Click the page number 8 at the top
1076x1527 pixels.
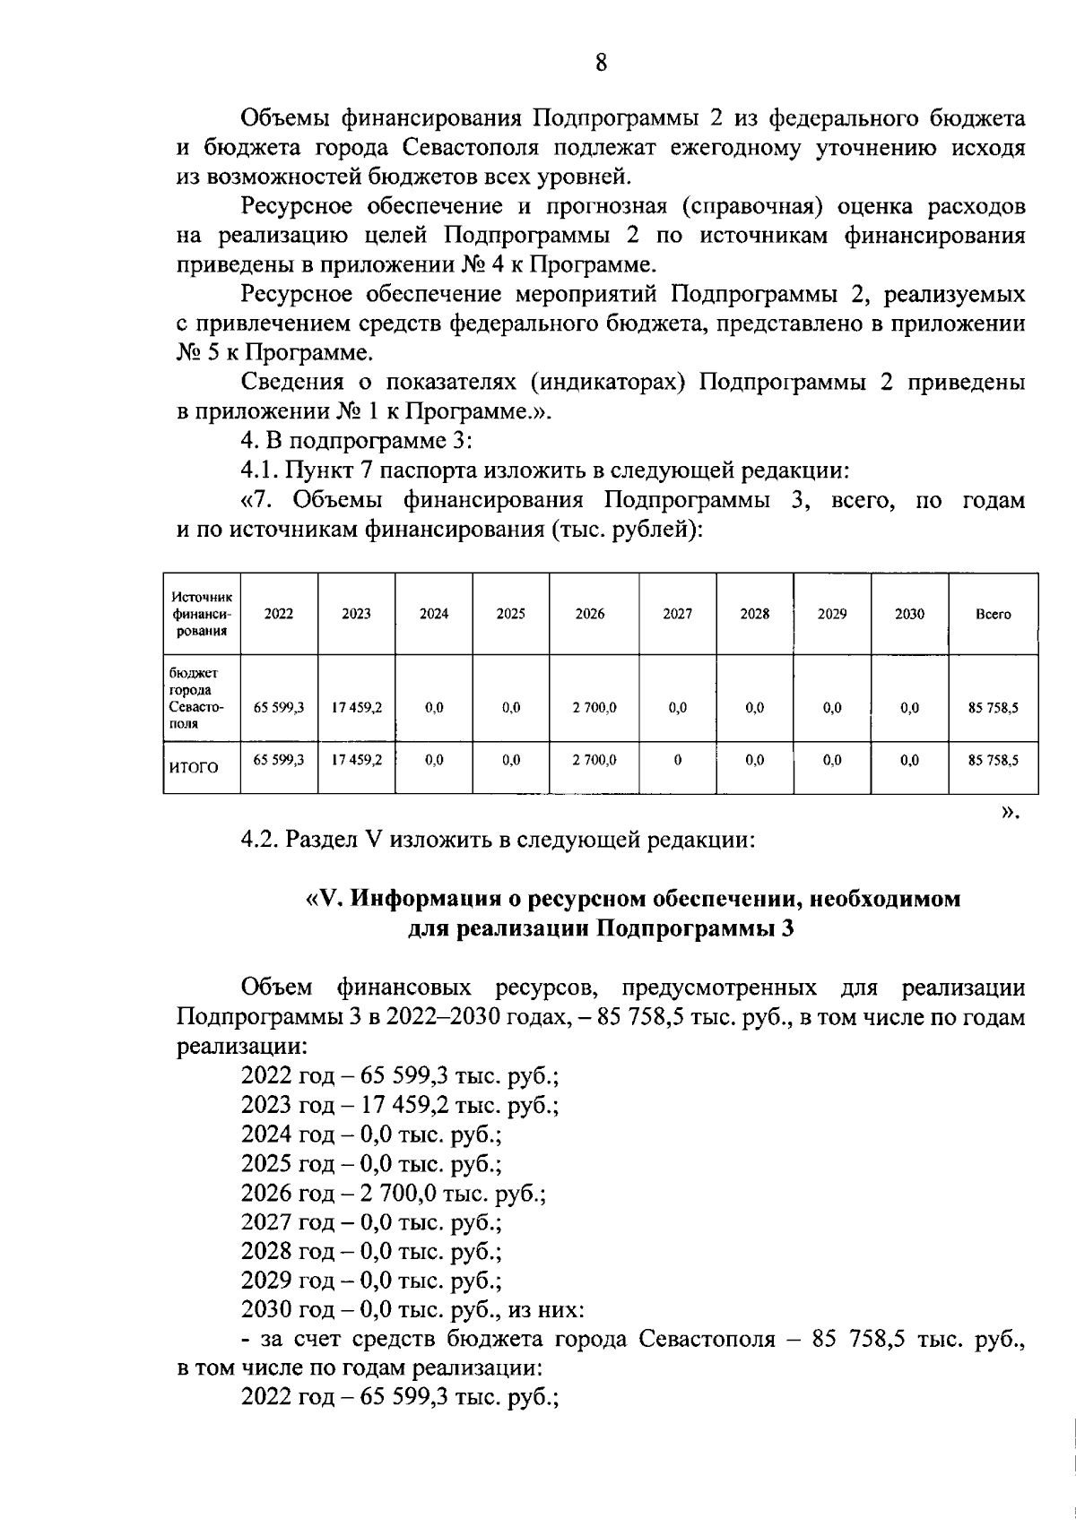click(601, 63)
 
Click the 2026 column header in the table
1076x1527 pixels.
click(590, 614)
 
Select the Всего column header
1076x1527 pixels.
click(993, 614)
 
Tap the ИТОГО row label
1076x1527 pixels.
click(194, 767)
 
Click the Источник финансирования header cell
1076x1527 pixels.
click(202, 614)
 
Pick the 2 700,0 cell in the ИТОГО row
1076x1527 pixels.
click(594, 760)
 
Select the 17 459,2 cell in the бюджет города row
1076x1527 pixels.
click(356, 707)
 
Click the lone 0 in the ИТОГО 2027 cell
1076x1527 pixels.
click(677, 760)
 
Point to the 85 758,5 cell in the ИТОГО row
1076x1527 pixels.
click(993, 760)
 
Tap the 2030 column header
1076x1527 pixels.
click(909, 614)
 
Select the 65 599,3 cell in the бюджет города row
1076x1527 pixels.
click(279, 707)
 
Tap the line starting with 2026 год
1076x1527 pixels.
click(393, 1193)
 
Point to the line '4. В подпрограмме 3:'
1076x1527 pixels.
click(356, 441)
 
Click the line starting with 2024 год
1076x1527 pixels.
click(370, 1134)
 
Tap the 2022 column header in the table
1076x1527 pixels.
click(279, 614)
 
